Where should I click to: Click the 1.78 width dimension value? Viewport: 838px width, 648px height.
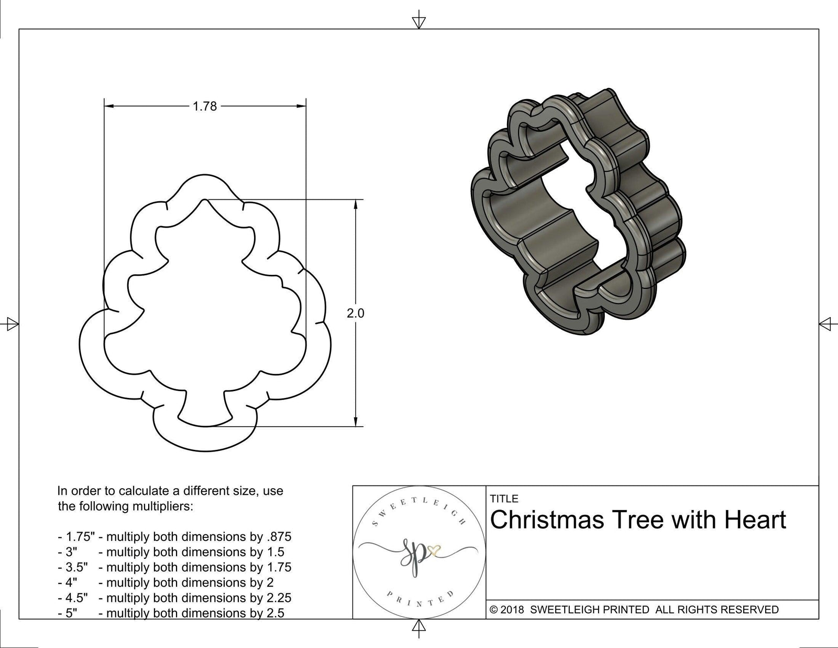pos(204,106)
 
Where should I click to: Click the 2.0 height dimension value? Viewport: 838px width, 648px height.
pos(355,314)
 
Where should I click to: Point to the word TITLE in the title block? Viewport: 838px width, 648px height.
pos(504,499)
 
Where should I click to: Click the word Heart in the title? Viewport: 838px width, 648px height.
pos(755,520)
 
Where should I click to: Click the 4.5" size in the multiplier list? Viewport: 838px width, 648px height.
pos(73,598)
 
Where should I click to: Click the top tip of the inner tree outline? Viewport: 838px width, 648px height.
pos(205,200)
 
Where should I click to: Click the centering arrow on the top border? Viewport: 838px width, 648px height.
pos(418,22)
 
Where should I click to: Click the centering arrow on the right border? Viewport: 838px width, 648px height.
pos(826,323)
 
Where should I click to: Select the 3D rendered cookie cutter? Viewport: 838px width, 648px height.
pos(579,212)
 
